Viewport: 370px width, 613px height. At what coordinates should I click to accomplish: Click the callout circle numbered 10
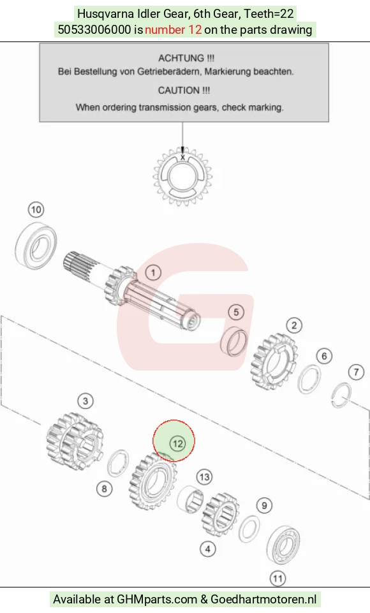(36, 210)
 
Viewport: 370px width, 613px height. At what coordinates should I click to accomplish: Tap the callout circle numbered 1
(153, 272)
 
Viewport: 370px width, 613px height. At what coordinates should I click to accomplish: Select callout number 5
(236, 312)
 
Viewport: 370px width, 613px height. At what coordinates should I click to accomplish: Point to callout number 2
(294, 325)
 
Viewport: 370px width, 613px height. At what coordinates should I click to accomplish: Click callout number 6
(324, 356)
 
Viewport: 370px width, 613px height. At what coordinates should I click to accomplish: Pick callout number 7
(356, 372)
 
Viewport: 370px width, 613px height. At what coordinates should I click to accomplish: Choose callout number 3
(85, 401)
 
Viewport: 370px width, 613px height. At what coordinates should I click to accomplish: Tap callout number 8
(104, 488)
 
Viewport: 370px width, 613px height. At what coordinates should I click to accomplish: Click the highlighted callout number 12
(177, 443)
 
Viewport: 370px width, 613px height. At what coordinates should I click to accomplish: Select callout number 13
(205, 477)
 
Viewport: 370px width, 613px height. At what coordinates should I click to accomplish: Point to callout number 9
(264, 505)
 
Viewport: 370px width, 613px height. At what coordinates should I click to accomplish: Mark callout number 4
(208, 549)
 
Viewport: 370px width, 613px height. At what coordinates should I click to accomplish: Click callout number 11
(277, 578)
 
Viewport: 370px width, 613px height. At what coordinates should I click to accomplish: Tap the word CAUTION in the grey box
(179, 91)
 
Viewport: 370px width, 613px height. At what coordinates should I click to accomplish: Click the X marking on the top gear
(182, 157)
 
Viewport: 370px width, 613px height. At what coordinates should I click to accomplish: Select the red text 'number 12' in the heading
(174, 30)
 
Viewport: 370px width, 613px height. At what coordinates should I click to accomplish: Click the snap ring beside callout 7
(341, 395)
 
